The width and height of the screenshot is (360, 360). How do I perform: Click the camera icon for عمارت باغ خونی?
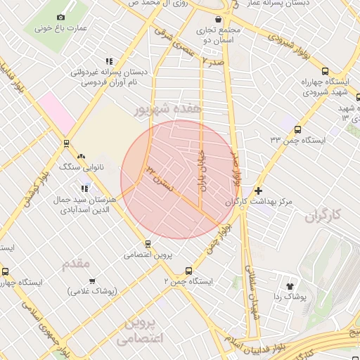click(60, 17)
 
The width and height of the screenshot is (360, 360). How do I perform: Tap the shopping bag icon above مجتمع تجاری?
click(219, 19)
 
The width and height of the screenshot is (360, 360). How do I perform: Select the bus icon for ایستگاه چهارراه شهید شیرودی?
click(324, 71)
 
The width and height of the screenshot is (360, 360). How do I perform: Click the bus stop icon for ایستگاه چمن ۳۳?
click(298, 129)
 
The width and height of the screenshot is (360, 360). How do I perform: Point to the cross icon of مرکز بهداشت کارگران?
click(259, 191)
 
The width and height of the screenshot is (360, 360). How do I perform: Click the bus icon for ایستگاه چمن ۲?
click(188, 271)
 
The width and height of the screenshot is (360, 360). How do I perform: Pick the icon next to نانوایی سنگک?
click(82, 156)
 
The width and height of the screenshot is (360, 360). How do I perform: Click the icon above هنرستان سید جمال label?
click(84, 188)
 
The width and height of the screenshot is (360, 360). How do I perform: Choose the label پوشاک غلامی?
click(92, 290)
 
